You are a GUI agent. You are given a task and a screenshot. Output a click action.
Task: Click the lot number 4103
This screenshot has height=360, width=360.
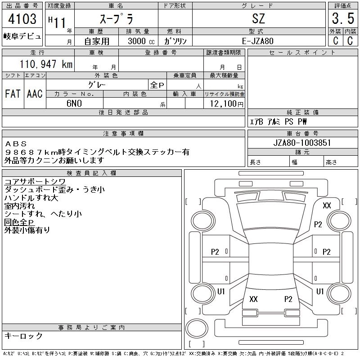click(x=22, y=19)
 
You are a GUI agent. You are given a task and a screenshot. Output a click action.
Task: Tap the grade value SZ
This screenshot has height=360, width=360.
click(x=259, y=19)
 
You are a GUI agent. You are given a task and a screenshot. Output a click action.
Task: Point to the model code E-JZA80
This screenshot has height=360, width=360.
click(x=259, y=41)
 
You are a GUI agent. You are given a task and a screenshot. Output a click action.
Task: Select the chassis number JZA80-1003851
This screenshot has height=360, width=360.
click(x=302, y=143)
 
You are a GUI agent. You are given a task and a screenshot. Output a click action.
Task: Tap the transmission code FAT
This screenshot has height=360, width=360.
click(x=13, y=94)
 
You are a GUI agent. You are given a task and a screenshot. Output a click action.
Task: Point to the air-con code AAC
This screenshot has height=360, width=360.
click(x=35, y=94)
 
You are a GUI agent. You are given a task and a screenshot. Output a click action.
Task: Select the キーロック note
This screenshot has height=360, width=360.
click(x=24, y=336)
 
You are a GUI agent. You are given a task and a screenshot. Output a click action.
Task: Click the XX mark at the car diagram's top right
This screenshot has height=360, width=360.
click(x=327, y=206)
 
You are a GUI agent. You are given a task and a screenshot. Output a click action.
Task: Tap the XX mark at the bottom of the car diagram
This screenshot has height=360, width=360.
click(x=253, y=299)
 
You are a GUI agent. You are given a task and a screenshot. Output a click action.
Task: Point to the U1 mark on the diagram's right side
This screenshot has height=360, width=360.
click(x=320, y=292)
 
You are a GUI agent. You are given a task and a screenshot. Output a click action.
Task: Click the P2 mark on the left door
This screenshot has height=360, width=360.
click(x=215, y=252)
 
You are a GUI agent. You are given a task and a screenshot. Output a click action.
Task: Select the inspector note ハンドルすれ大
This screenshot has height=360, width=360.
click(x=31, y=198)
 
